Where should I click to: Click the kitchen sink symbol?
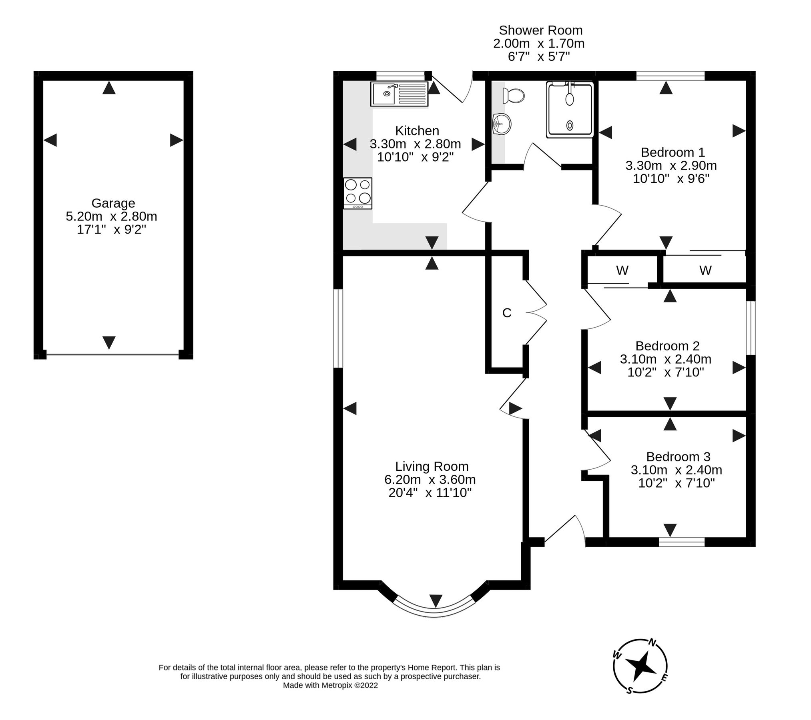399,94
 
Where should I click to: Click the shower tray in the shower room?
569,110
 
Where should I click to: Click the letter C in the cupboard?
506,313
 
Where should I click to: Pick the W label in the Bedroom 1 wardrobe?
705,270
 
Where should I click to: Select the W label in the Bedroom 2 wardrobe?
622,270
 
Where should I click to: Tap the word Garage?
113,203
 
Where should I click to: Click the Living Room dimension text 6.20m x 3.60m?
430,479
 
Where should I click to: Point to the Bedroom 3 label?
678,456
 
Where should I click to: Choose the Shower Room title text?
540,30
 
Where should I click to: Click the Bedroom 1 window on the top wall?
670,76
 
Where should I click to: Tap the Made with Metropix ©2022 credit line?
330,685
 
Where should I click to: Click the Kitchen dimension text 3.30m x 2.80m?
415,144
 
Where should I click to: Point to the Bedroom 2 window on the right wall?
750,328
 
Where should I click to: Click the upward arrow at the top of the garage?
109,88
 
